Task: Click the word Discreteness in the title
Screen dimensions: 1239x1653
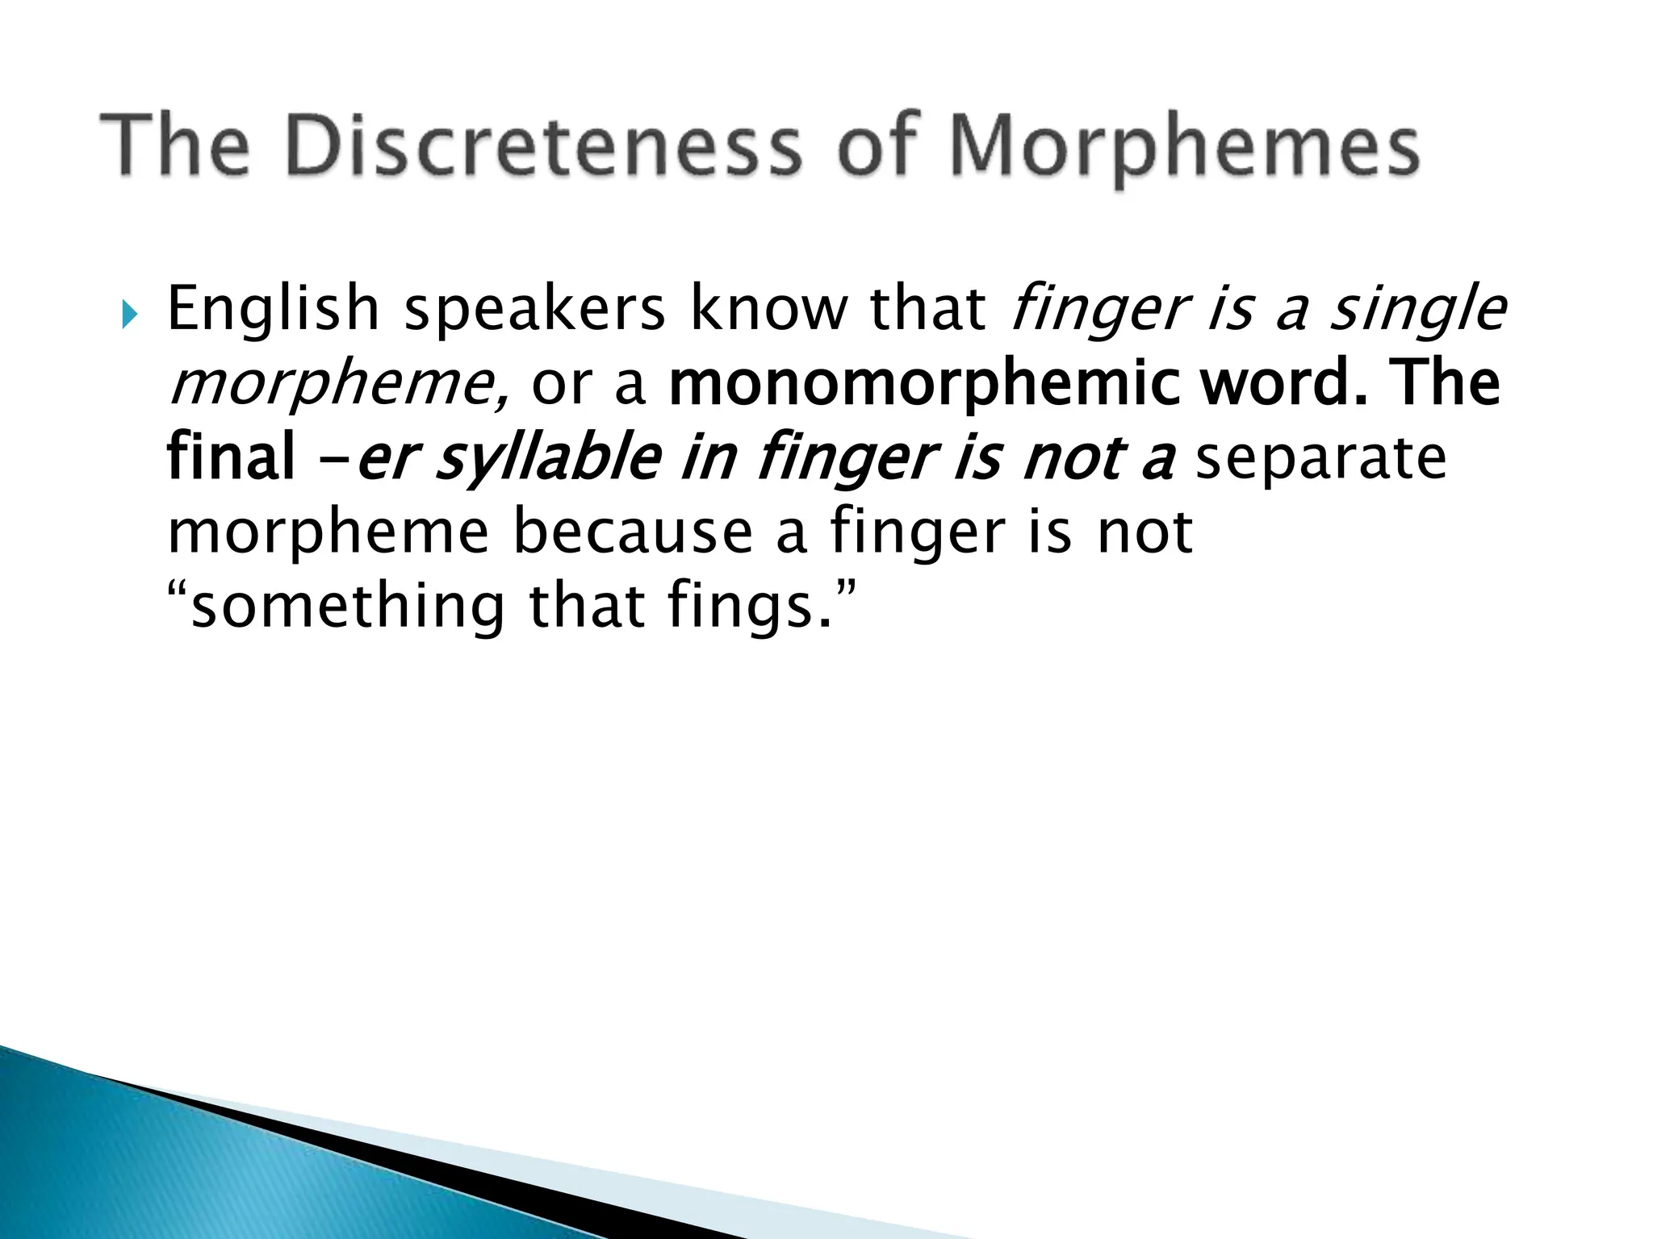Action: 543,146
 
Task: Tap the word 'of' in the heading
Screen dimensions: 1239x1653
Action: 879,146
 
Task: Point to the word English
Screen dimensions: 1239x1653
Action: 272,310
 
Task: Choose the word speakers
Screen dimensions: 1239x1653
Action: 534,310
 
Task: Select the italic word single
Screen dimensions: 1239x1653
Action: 1417,310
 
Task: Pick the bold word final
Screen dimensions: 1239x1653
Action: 230,457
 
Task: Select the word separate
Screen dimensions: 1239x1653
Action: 1320,457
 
